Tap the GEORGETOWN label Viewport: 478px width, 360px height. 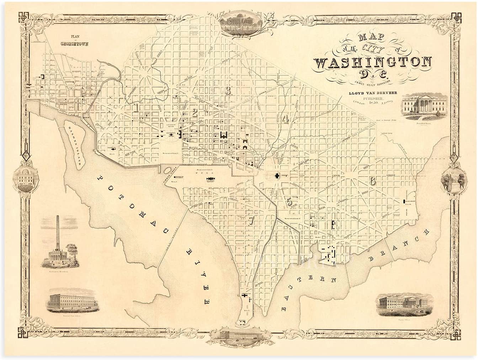point(75,45)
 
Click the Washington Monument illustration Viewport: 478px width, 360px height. point(60,245)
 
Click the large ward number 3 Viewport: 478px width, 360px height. point(228,90)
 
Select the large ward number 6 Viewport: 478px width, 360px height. point(372,181)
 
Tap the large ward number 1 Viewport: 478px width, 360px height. point(136,107)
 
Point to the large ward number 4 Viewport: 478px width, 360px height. point(285,119)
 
